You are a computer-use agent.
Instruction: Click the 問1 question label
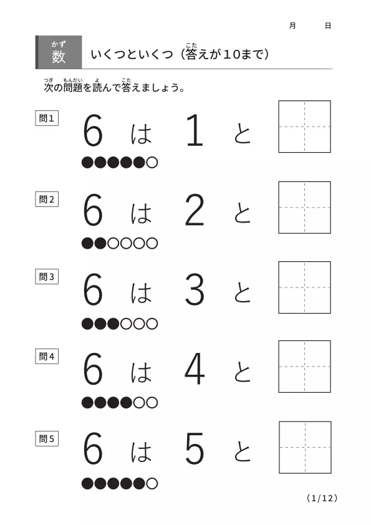[x=47, y=118]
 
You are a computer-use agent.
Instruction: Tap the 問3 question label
[x=47, y=277]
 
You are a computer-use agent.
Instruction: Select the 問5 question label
[x=47, y=438]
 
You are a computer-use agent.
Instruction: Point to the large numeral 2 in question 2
[x=194, y=210]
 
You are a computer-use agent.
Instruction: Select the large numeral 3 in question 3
[x=194, y=289]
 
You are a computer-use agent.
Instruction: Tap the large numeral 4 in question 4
[x=195, y=368]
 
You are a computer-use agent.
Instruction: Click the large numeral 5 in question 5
[x=195, y=448]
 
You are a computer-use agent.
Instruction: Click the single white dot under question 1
[x=152, y=162]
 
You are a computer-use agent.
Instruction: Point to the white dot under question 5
[x=152, y=483]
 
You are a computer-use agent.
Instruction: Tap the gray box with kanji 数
[x=59, y=52]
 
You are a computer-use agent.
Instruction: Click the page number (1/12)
[x=322, y=498]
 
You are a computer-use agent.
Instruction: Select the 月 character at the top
[x=292, y=26]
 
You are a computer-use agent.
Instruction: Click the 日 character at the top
[x=328, y=26]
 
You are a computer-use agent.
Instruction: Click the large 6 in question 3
[x=93, y=289]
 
